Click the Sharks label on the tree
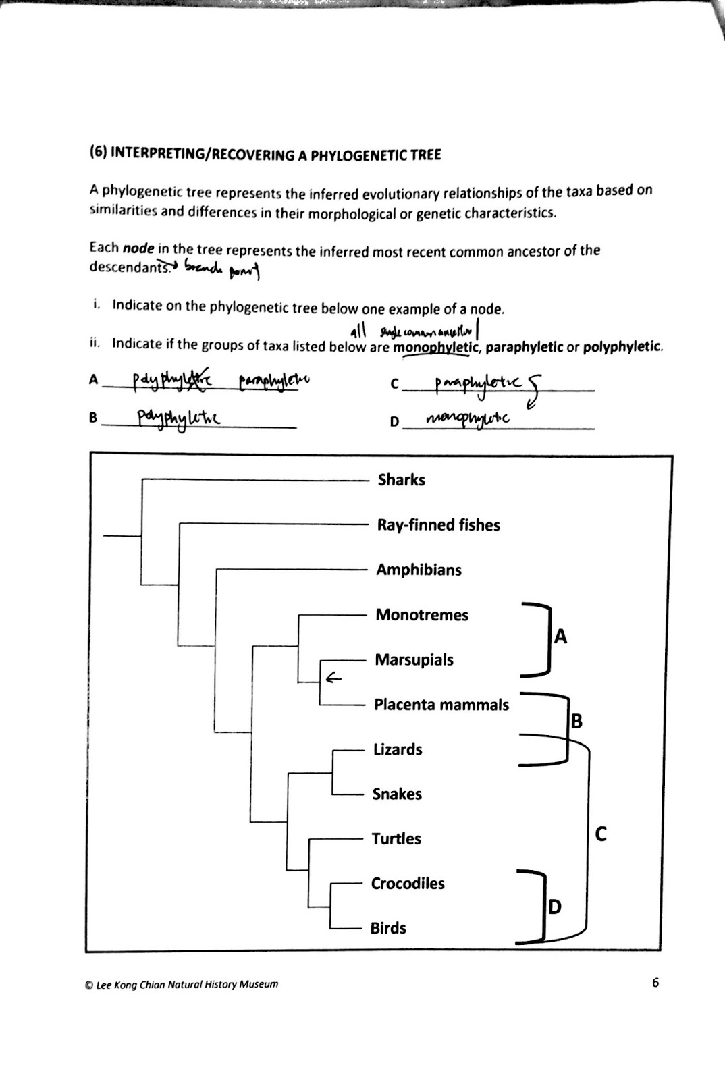click(401, 480)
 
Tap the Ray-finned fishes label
click(438, 525)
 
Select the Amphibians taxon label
click(419, 570)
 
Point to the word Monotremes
click(422, 615)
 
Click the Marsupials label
click(414, 659)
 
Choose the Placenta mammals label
click(441, 705)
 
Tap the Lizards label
click(398, 749)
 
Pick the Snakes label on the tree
click(397, 794)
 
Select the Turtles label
click(396, 839)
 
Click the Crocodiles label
click(408, 884)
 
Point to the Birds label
click(388, 928)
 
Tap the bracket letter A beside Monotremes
click(560, 636)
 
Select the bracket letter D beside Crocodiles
click(554, 907)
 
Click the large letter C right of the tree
click(601, 835)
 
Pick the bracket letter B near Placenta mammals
click(576, 722)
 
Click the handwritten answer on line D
click(467, 420)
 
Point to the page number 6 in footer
click(655, 983)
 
